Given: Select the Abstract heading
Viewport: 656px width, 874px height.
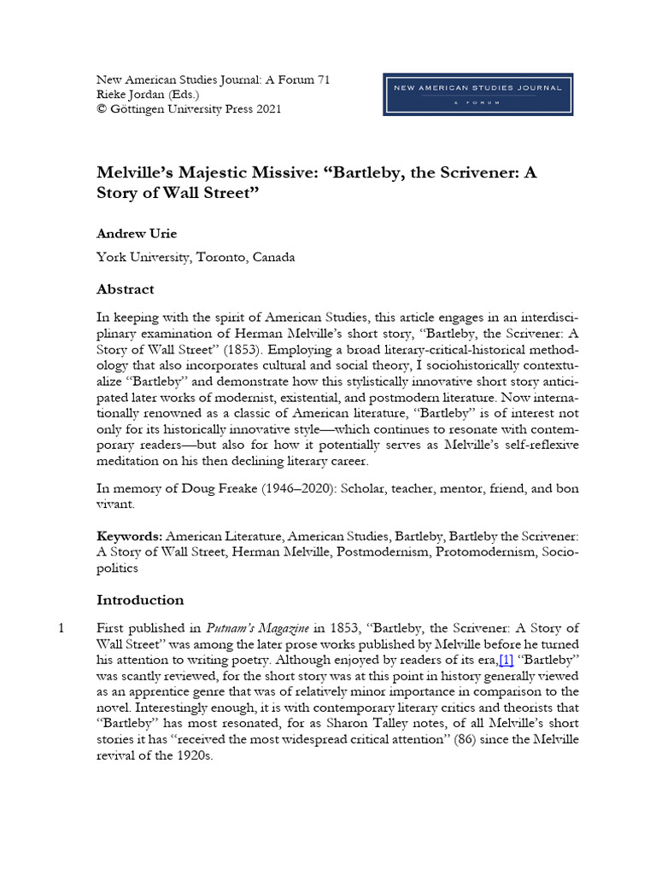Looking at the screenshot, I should (126, 289).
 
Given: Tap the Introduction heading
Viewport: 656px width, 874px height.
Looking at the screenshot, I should (140, 599).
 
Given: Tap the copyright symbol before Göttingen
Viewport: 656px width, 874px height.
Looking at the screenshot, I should (102, 109).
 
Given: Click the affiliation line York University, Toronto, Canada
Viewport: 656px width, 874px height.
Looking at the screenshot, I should (196, 258).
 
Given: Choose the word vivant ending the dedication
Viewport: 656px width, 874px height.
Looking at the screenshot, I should (119, 504).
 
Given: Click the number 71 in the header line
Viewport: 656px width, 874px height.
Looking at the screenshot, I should (322, 79).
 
